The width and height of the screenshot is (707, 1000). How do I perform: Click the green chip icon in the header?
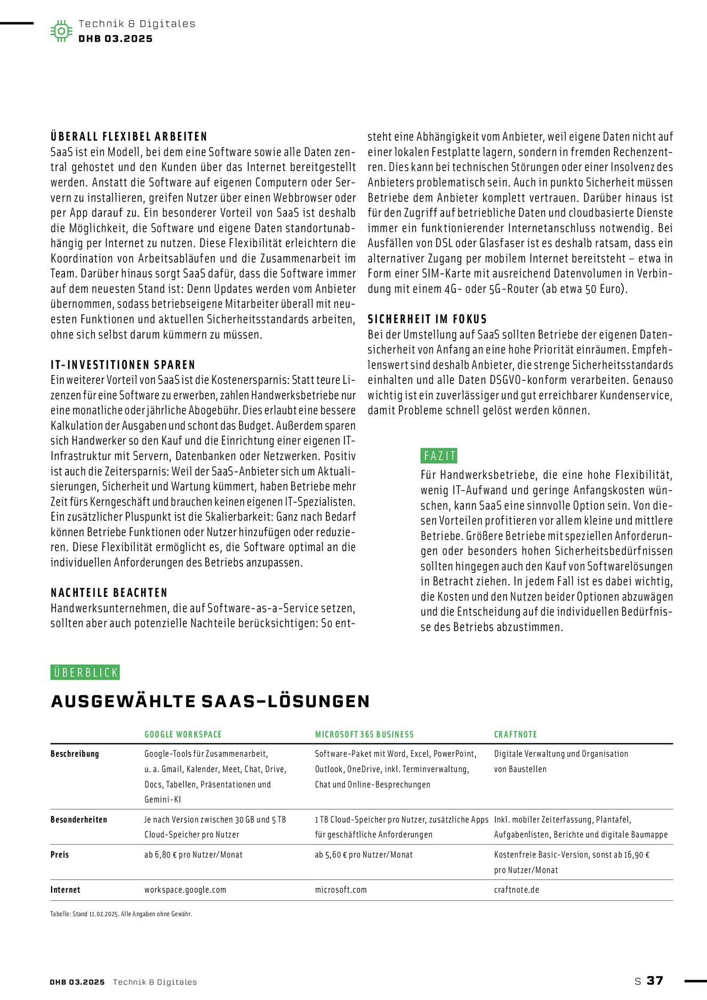tap(61, 31)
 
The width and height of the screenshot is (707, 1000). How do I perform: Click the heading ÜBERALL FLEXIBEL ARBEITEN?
tap(129, 137)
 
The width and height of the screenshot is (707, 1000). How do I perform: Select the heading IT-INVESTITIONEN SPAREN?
tap(123, 365)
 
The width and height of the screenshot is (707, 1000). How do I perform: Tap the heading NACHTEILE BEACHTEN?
tap(109, 593)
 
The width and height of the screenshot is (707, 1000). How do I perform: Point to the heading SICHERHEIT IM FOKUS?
tap(427, 319)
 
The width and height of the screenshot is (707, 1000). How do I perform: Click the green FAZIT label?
tap(439, 456)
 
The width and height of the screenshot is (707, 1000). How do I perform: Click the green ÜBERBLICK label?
tap(85, 672)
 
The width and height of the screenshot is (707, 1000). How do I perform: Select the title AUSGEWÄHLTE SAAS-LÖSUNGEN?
tap(210, 701)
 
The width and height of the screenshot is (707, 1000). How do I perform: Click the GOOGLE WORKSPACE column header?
tap(183, 734)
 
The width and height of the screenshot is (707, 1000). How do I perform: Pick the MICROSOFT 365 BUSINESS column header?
tap(364, 734)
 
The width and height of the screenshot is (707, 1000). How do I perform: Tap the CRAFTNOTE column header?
tap(515, 734)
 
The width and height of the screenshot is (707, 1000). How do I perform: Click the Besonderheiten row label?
tap(78, 820)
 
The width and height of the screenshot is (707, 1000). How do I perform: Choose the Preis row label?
tap(60, 854)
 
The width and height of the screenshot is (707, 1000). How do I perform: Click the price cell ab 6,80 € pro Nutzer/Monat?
tap(193, 854)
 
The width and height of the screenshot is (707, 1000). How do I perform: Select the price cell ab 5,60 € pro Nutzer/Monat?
tap(364, 854)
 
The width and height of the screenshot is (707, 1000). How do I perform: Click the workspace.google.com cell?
tap(185, 890)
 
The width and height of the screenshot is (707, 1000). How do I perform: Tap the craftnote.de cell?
tap(516, 890)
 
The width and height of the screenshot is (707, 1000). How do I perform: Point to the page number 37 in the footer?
tap(655, 981)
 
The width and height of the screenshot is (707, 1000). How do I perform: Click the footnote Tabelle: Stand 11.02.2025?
tap(121, 914)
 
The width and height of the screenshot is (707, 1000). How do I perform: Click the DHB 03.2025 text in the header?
tap(115, 38)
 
